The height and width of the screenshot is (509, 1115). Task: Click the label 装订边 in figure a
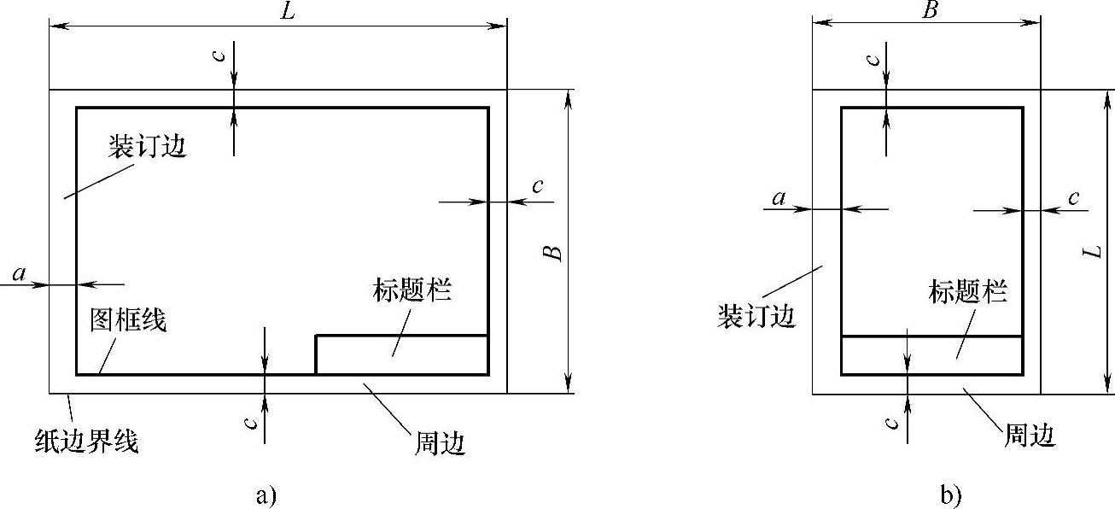coord(147,147)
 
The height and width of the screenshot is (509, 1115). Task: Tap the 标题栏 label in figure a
coord(412,290)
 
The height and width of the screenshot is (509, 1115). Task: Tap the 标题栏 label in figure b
coord(967,292)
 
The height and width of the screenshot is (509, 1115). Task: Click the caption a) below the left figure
coord(266,494)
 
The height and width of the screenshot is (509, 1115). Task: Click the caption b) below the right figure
coord(949,494)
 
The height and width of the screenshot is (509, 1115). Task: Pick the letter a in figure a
coord(20,273)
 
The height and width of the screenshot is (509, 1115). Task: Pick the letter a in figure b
coord(778,199)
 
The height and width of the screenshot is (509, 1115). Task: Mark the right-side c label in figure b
coord(1074,199)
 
